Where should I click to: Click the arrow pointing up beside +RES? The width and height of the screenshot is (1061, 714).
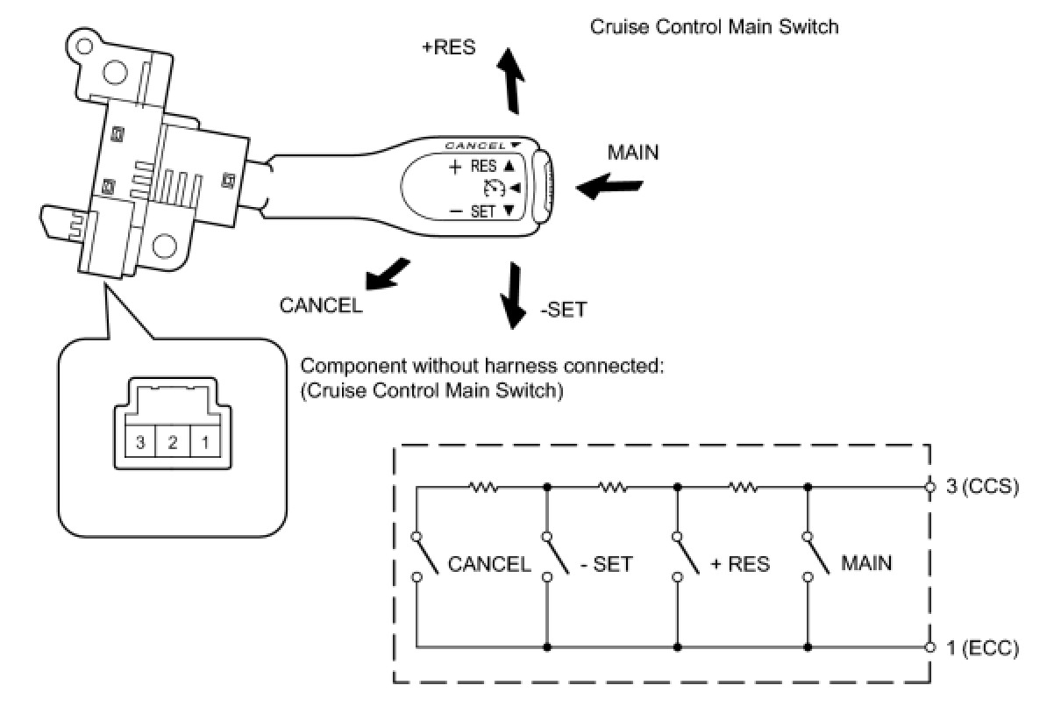pyautogui.click(x=511, y=81)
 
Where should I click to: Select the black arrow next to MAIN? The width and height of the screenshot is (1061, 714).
pyautogui.click(x=609, y=187)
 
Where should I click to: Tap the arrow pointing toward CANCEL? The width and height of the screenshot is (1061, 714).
pyautogui.click(x=387, y=275)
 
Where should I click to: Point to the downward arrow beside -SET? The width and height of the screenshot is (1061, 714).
pyautogui.click(x=513, y=296)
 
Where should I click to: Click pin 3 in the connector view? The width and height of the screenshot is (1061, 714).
pyautogui.click(x=140, y=442)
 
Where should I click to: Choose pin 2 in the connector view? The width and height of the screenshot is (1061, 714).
pyautogui.click(x=173, y=442)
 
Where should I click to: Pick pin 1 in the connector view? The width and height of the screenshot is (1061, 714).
pyautogui.click(x=205, y=442)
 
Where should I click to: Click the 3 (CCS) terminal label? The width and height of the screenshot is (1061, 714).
pyautogui.click(x=982, y=487)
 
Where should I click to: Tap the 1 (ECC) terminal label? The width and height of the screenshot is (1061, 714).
pyautogui.click(x=982, y=647)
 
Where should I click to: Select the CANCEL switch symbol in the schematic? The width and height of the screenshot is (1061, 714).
pyautogui.click(x=425, y=557)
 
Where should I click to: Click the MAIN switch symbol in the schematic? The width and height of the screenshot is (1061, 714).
pyautogui.click(x=816, y=557)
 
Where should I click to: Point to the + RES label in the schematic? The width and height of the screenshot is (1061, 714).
pyautogui.click(x=740, y=564)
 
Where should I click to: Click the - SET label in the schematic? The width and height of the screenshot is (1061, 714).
pyautogui.click(x=607, y=564)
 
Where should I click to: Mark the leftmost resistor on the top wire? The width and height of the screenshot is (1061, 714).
pyautogui.click(x=482, y=487)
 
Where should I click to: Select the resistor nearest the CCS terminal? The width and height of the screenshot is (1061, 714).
pyautogui.click(x=744, y=487)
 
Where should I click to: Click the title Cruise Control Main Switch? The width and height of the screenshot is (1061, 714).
pyautogui.click(x=715, y=26)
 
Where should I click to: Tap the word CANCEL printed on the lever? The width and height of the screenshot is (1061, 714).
pyautogui.click(x=475, y=146)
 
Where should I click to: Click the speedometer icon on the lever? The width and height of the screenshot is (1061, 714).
pyautogui.click(x=494, y=188)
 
